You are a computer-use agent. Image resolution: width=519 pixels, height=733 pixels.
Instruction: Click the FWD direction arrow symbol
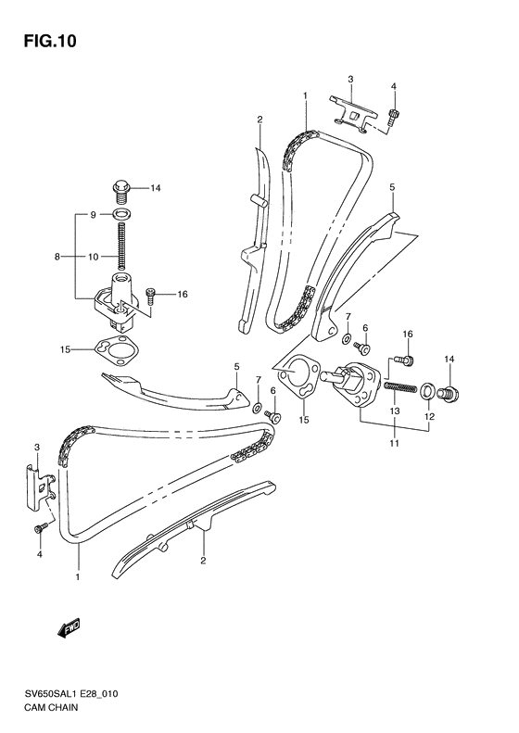point(68,630)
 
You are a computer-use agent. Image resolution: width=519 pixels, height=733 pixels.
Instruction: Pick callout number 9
point(93,215)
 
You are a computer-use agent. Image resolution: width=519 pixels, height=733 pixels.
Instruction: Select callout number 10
point(93,255)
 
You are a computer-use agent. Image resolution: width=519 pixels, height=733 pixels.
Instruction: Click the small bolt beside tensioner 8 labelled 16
point(151,296)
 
